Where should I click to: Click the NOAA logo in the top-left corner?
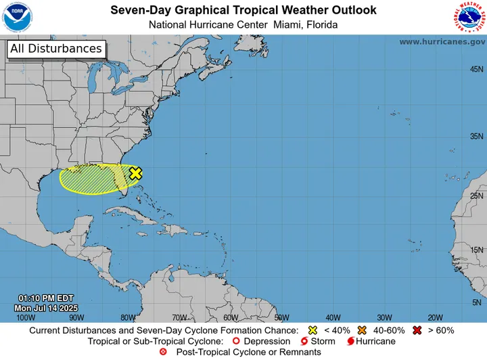click(x=18, y=17)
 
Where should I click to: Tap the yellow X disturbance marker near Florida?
click(x=135, y=173)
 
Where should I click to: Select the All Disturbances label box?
click(x=56, y=49)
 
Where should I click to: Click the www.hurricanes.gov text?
click(x=442, y=42)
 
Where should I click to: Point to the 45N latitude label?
click(x=476, y=70)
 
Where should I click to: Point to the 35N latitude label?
click(x=476, y=136)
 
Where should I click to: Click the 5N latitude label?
click(x=478, y=302)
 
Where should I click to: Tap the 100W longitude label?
click(x=26, y=317)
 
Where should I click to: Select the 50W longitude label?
click(x=281, y=317)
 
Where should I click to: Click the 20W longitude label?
click(x=435, y=317)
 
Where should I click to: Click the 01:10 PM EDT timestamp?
click(x=46, y=298)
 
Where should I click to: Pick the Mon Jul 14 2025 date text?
click(x=45, y=308)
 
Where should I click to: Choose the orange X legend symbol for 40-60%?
click(x=363, y=330)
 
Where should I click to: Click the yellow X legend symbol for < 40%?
click(x=312, y=330)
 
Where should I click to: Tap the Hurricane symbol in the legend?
click(x=350, y=341)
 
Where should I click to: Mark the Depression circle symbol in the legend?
click(x=236, y=341)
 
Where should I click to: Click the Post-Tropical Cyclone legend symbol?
click(x=162, y=352)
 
